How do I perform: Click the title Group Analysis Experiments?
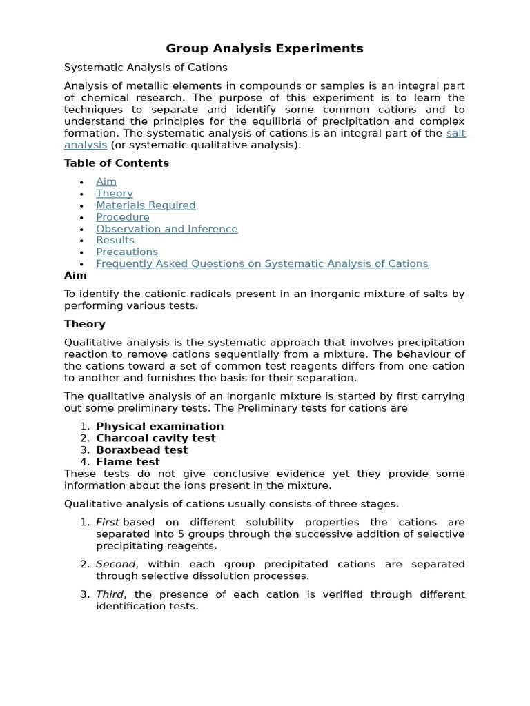tap(264, 48)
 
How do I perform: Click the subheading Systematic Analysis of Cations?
tap(146, 68)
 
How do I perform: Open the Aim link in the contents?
tap(106, 181)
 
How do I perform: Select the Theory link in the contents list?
tap(115, 193)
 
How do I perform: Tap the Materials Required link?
tap(146, 205)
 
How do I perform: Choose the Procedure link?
tap(123, 216)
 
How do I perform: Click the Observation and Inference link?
tap(167, 228)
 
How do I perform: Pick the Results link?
tap(115, 240)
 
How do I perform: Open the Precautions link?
tap(127, 252)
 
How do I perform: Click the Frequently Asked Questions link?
tap(262, 263)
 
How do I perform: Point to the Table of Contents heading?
tap(117, 163)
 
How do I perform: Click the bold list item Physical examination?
tap(160, 426)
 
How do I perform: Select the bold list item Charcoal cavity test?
tap(156, 438)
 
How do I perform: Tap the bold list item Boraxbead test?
tap(142, 450)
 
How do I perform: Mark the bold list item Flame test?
tap(128, 461)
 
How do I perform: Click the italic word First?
tap(108, 522)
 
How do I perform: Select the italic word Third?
tap(110, 594)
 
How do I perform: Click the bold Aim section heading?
tap(76, 275)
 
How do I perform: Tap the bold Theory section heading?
tap(85, 324)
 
